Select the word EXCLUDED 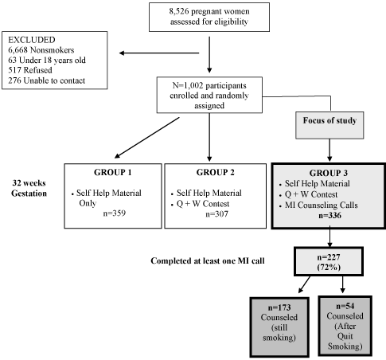tap(32, 40)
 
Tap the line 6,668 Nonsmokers tap(41, 50)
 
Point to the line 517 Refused tap(30, 70)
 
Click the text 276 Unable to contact tap(47, 80)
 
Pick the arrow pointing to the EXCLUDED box tap(159, 53)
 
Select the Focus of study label tap(329, 120)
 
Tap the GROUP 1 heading tap(113, 172)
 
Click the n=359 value tap(115, 213)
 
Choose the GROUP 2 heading tap(216, 172)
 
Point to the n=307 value tap(216, 214)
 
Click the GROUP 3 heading tap(329, 173)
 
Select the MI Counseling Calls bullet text tap(322, 205)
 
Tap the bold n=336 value tap(329, 215)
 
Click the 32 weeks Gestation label tap(29, 188)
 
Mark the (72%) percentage tap(329, 268)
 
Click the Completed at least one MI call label tap(208, 261)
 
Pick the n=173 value tap(279, 307)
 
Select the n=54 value tap(345, 306)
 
